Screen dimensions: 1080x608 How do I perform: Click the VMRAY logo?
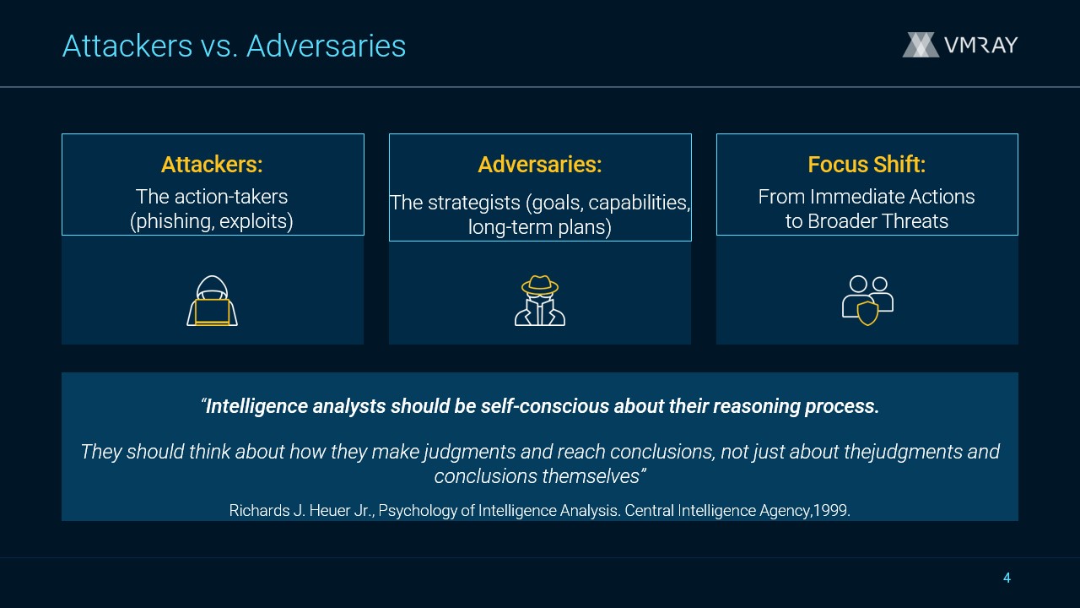tap(960, 45)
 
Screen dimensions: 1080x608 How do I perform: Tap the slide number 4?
tap(1007, 578)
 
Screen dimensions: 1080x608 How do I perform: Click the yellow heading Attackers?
tap(212, 165)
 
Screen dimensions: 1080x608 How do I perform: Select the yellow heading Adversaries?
tap(540, 165)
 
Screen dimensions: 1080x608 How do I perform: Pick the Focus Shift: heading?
tap(867, 165)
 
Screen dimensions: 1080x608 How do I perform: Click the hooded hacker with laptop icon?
tap(212, 301)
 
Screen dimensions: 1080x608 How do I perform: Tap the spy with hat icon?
tap(540, 301)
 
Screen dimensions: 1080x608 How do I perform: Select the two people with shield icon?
tap(867, 301)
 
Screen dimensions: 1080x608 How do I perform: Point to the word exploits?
tap(254, 221)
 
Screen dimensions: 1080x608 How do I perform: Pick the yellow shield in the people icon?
tap(867, 313)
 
